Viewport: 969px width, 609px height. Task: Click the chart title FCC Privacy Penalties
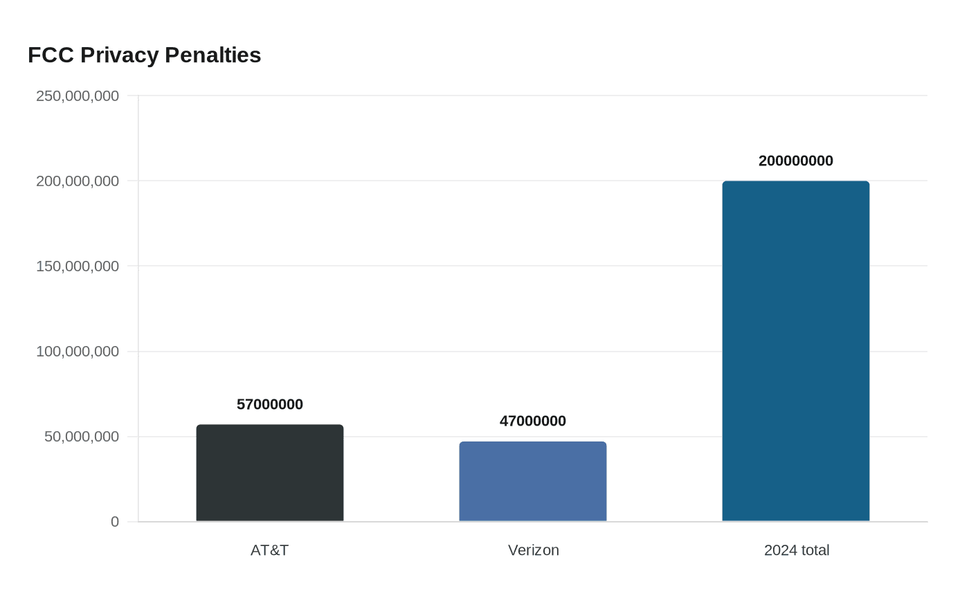pos(144,55)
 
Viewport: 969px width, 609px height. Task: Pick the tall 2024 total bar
pos(796,351)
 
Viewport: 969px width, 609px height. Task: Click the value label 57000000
pos(270,404)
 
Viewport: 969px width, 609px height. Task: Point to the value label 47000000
pos(533,421)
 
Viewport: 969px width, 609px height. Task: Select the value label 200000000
pos(796,161)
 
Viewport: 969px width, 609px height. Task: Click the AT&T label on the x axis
pos(270,550)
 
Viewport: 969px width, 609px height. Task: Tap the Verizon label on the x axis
pos(533,550)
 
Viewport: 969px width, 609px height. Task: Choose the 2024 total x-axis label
pos(796,550)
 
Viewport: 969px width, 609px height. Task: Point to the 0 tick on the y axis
pos(115,522)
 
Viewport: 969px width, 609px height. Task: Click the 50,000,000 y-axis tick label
pos(82,437)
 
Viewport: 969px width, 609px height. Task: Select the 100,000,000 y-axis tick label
pos(78,352)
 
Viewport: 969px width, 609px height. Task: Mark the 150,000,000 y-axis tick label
pos(78,266)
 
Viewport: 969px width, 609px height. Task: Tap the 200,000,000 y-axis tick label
pos(78,181)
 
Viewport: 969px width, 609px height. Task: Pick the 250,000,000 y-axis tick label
pos(78,96)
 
